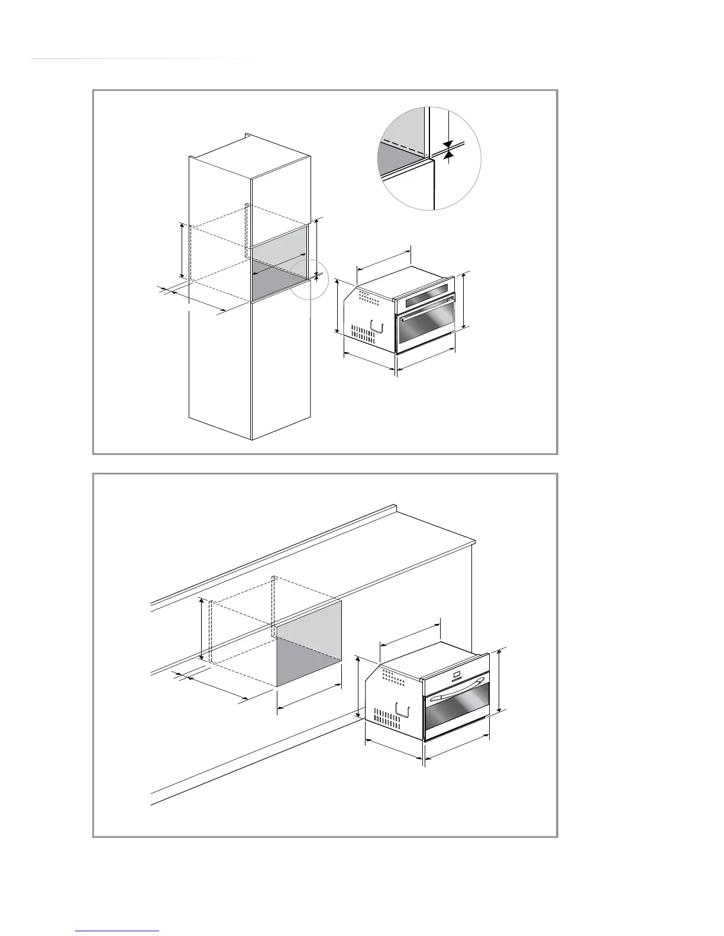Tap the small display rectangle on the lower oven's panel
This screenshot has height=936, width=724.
pyautogui.click(x=455, y=674)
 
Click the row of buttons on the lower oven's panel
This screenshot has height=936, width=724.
pyautogui.click(x=456, y=680)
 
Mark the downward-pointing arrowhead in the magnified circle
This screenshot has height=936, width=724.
pyautogui.click(x=448, y=144)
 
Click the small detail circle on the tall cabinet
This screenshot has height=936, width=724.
pyautogui.click(x=309, y=279)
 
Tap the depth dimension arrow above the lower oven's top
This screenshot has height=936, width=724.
pyautogui.click(x=410, y=633)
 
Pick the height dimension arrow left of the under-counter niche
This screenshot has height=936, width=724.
pyautogui.click(x=203, y=629)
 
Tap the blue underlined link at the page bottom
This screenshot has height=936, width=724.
pyautogui.click(x=118, y=931)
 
